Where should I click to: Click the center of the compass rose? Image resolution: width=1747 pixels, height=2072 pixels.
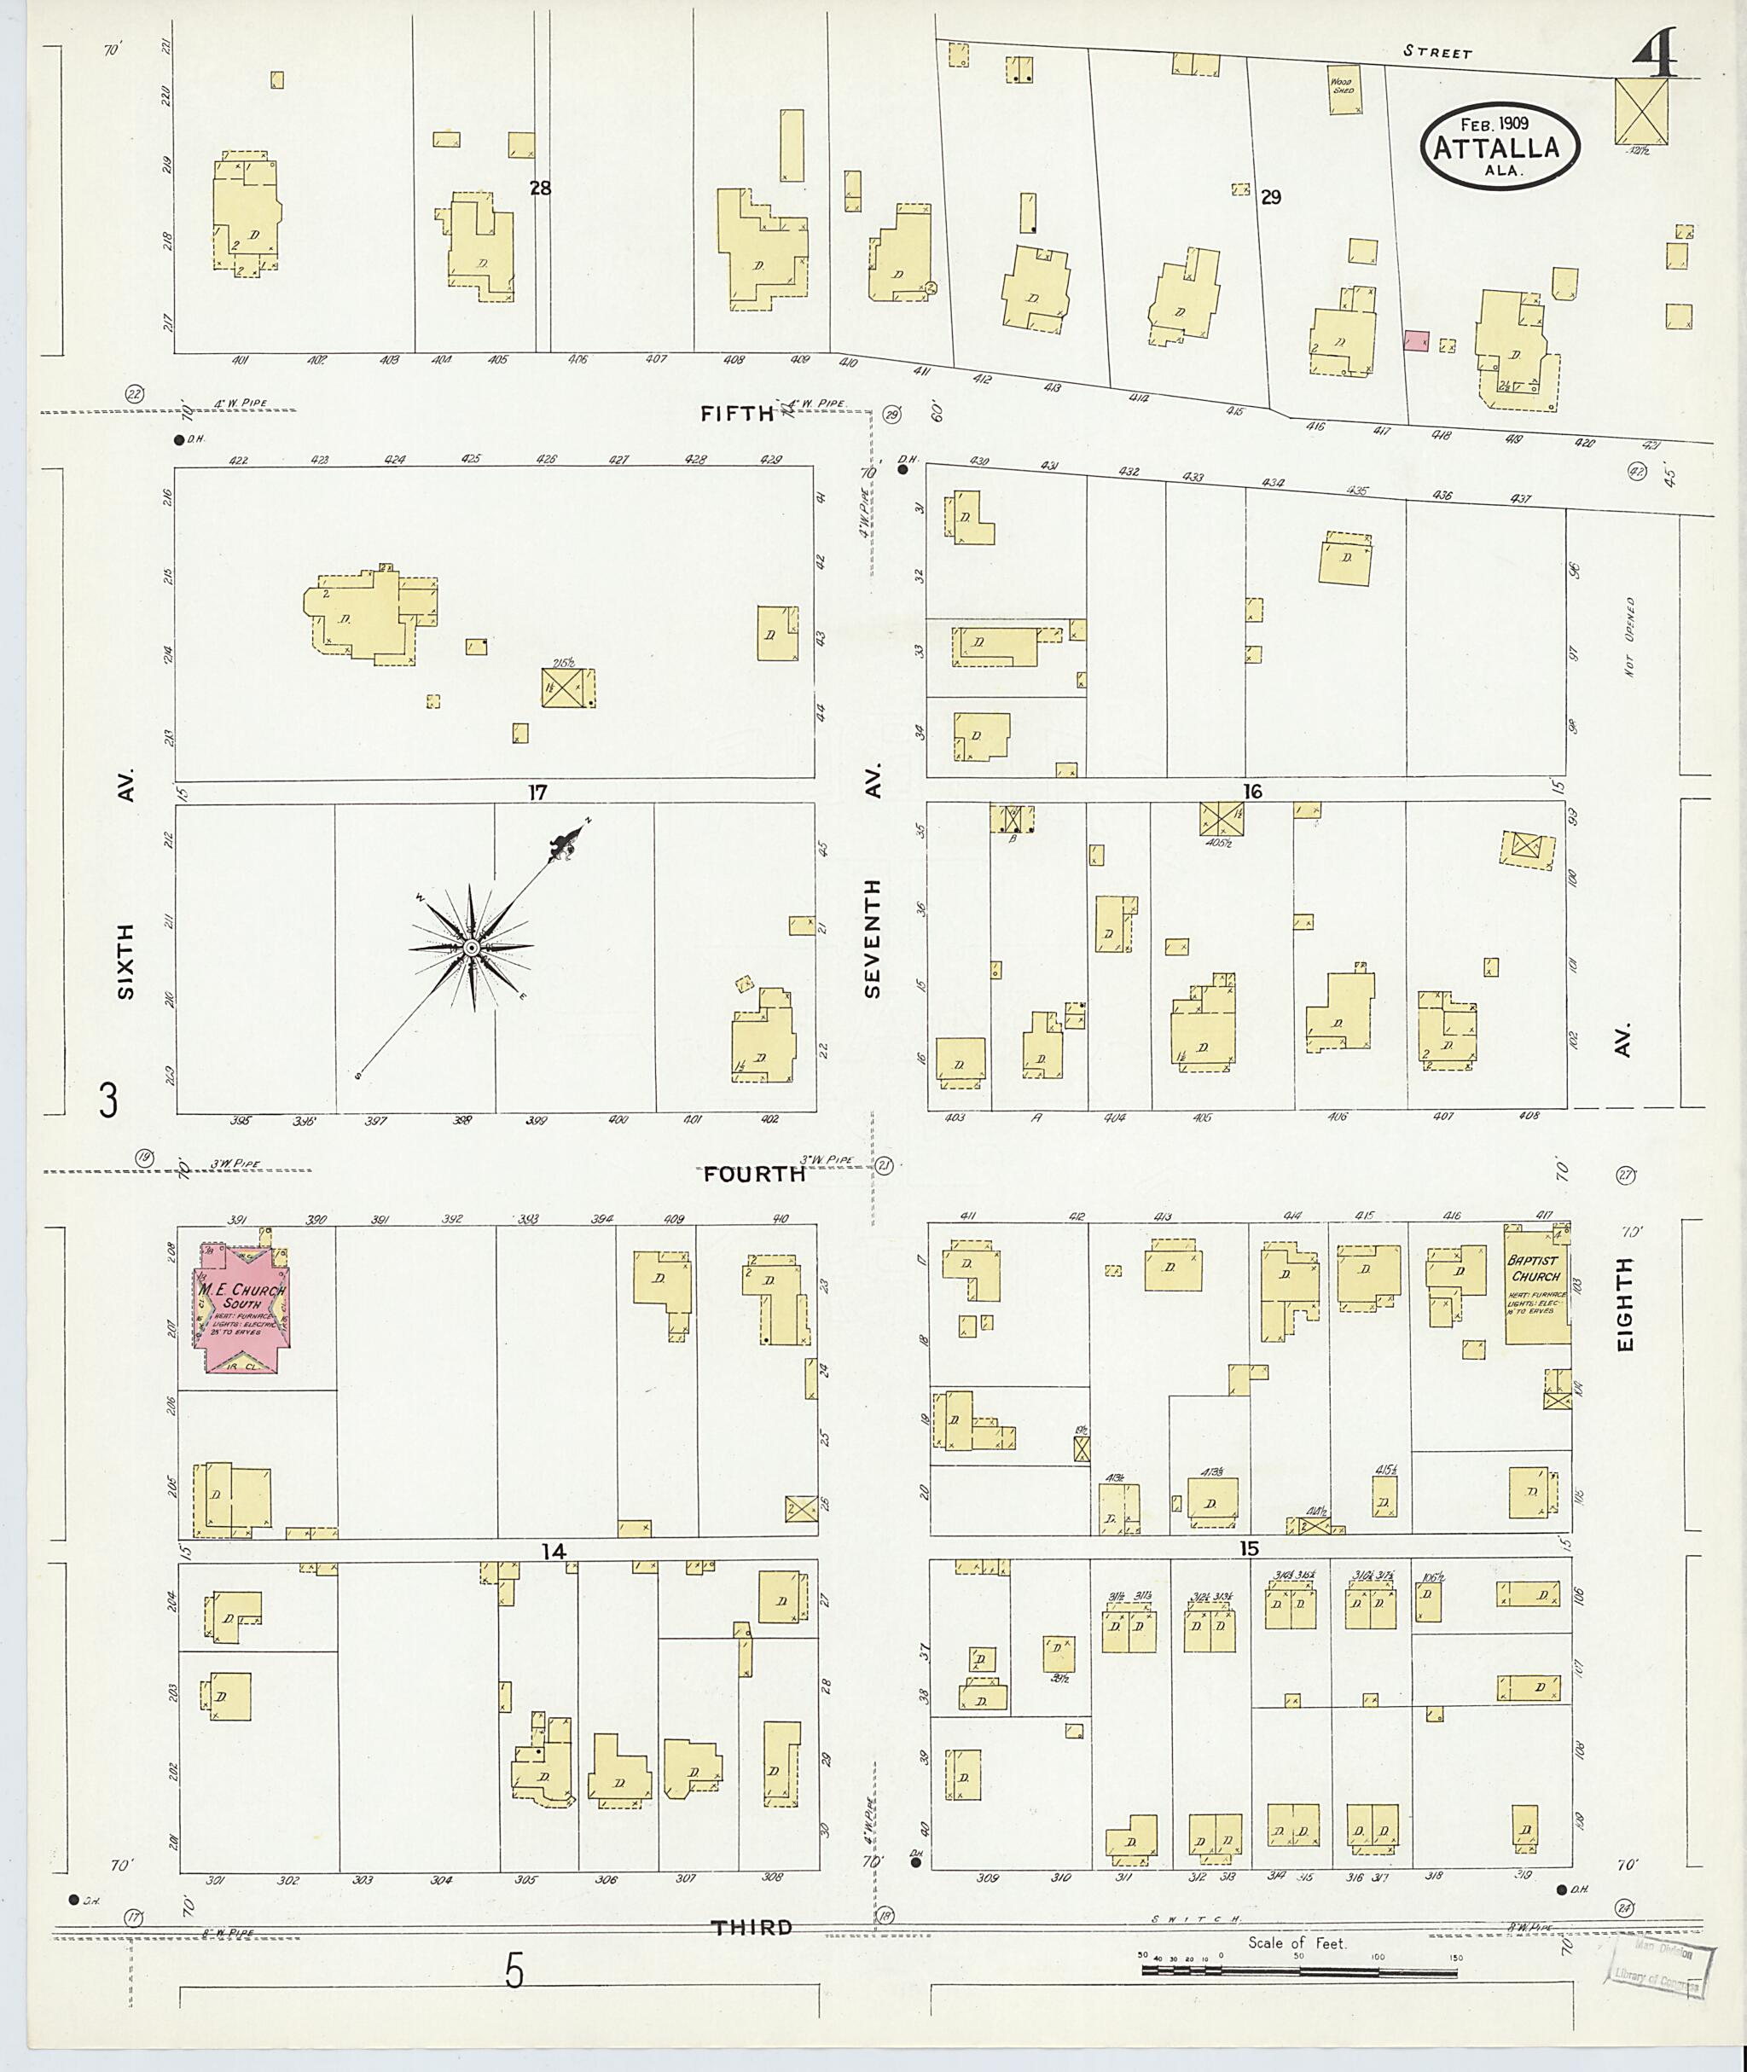point(473,948)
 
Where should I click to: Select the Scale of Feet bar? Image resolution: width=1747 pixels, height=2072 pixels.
point(1299,1969)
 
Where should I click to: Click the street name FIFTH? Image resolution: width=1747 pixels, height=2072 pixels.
point(737,414)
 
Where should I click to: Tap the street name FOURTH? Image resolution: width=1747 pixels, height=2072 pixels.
point(755,1174)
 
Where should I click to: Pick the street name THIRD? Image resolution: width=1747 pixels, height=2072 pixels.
point(752,1927)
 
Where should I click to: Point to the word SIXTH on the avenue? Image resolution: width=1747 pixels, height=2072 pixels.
point(125,960)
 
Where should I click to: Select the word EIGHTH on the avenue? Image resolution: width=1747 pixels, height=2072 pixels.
point(1625,1304)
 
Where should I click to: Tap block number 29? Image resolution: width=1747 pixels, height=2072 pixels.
point(1271,197)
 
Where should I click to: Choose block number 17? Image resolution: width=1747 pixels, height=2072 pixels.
point(537,792)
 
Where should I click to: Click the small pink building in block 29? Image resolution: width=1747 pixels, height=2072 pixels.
point(1416,340)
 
